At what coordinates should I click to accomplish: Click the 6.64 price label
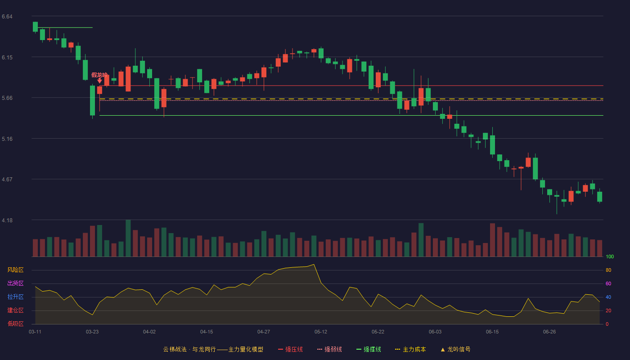pyautogui.click(x=7, y=17)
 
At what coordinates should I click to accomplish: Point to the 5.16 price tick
pyautogui.click(x=7, y=139)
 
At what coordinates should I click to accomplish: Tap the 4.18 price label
pyautogui.click(x=7, y=220)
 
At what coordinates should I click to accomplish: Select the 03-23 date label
pyautogui.click(x=92, y=332)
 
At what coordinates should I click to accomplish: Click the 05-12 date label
pyautogui.click(x=320, y=332)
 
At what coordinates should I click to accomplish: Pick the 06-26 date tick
pyautogui.click(x=549, y=332)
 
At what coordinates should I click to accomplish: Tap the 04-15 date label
pyautogui.click(x=207, y=332)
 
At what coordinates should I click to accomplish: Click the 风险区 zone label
pyautogui.click(x=15, y=270)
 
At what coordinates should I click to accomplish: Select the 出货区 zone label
pyautogui.click(x=15, y=283)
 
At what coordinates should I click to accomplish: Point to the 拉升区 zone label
pyautogui.click(x=15, y=297)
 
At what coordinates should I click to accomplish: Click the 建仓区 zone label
pyautogui.click(x=15, y=310)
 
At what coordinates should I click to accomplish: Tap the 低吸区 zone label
pyautogui.click(x=15, y=324)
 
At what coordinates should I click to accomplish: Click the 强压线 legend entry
pyautogui.click(x=290, y=349)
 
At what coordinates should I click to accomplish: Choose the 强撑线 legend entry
pyautogui.click(x=369, y=349)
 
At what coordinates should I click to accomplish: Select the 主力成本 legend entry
pyautogui.click(x=410, y=349)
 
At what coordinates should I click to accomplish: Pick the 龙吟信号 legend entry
pyautogui.click(x=455, y=349)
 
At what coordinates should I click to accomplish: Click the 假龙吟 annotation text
pyautogui.click(x=99, y=75)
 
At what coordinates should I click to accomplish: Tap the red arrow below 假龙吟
pyautogui.click(x=99, y=81)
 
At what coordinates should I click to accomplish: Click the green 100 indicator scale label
pyautogui.click(x=610, y=256)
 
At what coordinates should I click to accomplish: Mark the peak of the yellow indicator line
pyautogui.click(x=314, y=265)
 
